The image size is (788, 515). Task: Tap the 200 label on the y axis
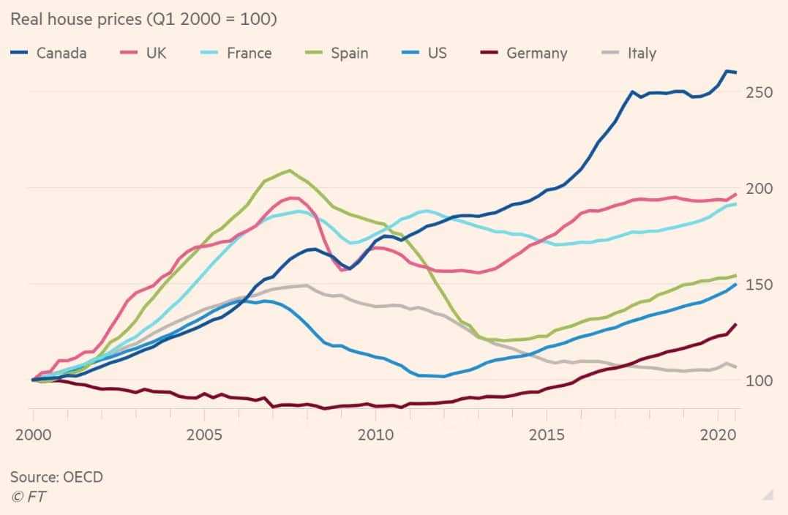click(x=759, y=189)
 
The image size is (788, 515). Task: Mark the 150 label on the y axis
click(x=759, y=285)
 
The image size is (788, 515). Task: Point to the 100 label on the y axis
click(x=759, y=380)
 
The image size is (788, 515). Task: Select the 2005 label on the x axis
click(x=204, y=434)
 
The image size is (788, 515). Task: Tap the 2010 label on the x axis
click(x=375, y=434)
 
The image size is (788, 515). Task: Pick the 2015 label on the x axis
click(x=547, y=434)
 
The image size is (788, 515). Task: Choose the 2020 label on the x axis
click(x=717, y=434)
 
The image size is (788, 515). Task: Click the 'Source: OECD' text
click(x=56, y=477)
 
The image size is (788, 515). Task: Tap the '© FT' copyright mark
click(x=28, y=497)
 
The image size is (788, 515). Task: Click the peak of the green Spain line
click(x=290, y=170)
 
